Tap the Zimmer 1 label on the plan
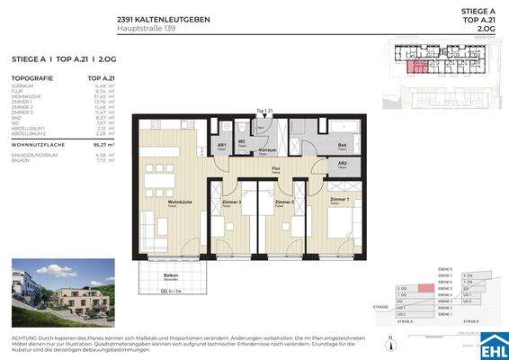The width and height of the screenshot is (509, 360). tap(339, 199)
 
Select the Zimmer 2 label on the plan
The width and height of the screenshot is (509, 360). tap(285, 202)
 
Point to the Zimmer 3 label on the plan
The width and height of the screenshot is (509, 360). tap(233, 202)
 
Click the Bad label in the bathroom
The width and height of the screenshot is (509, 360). tap(343, 145)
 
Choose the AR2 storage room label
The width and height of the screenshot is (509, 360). tap(342, 163)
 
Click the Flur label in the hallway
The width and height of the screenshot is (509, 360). tap(277, 168)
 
